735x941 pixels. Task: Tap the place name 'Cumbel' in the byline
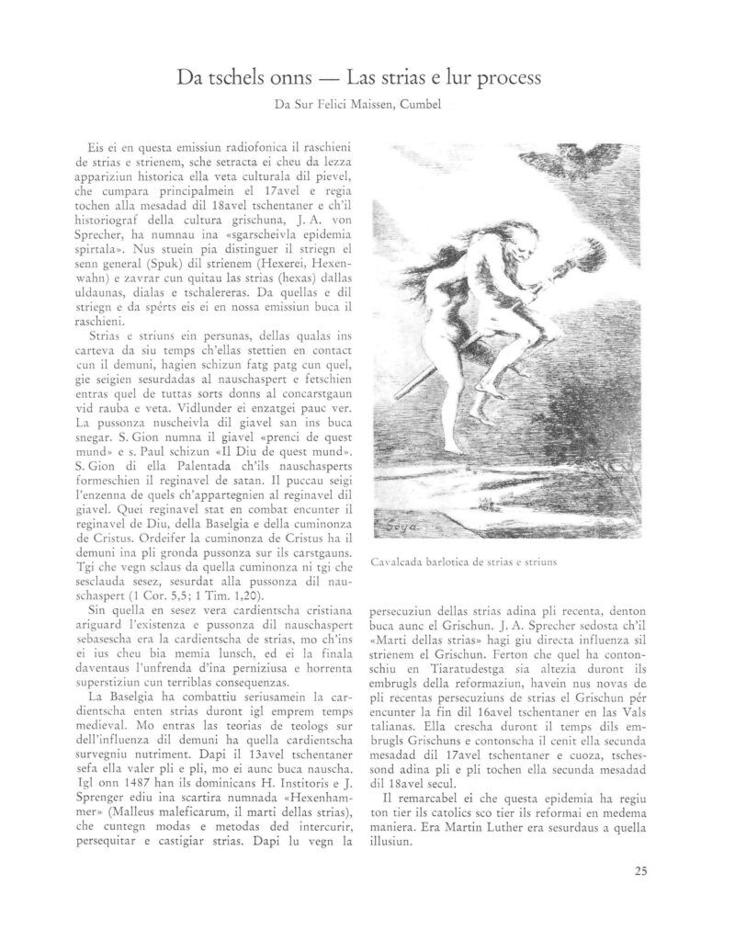tap(422, 106)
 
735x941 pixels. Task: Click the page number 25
tap(639, 872)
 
